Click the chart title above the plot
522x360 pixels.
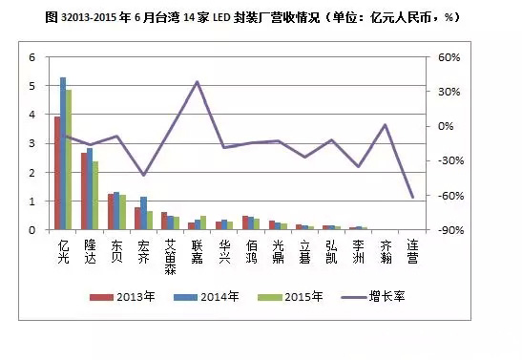[x=261, y=16]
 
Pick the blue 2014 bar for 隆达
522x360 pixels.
[x=90, y=189]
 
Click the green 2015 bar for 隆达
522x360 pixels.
[x=95, y=196]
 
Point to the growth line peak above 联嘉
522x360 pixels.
[x=197, y=82]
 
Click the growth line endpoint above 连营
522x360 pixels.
[x=412, y=197]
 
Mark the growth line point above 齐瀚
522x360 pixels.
[x=386, y=125]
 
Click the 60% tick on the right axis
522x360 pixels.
[x=449, y=57]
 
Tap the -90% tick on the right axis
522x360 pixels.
[x=449, y=230]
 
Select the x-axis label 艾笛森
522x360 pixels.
[x=170, y=256]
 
